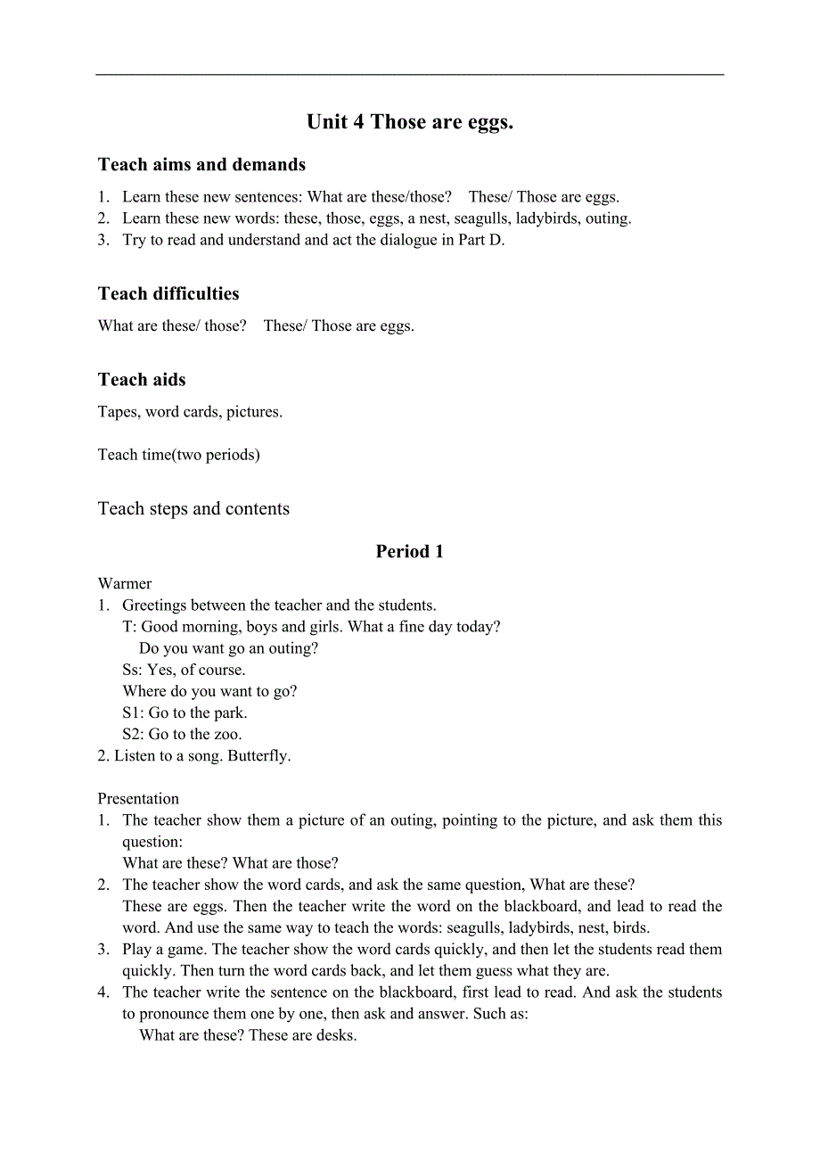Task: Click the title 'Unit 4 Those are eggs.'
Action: [x=410, y=122]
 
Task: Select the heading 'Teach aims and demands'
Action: [x=201, y=165]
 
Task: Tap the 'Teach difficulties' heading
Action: [x=168, y=294]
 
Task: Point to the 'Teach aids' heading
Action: [x=142, y=380]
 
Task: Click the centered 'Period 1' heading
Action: [x=409, y=552]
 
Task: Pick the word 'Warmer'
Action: [x=125, y=584]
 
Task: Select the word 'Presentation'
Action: [x=138, y=799]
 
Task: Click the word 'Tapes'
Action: [x=118, y=412]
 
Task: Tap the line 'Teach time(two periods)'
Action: [x=179, y=455]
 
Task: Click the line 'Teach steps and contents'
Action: [x=193, y=509]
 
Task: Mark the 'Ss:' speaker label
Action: [x=132, y=671]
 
